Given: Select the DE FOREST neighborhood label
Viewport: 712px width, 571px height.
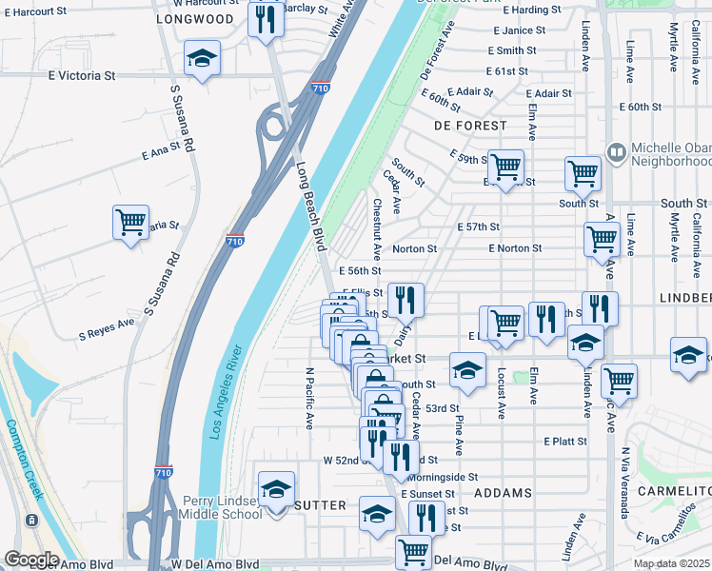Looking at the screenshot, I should point(470,126).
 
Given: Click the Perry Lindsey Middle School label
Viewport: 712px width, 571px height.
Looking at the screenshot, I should point(222,507).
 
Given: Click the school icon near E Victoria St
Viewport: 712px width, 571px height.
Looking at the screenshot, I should point(201,58).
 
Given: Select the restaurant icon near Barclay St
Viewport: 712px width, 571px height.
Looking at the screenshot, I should point(265,19).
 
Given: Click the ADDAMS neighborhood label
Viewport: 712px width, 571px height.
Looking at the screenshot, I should point(503,493).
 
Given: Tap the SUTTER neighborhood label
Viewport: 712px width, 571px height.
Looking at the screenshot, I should point(320,505).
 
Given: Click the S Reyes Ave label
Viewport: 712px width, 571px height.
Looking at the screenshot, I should point(107,328).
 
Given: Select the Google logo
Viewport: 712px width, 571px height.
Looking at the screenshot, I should point(31,559).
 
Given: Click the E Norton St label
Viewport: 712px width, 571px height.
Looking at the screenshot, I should point(515,248).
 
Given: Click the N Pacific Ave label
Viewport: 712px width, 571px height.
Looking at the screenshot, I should point(309,399).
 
